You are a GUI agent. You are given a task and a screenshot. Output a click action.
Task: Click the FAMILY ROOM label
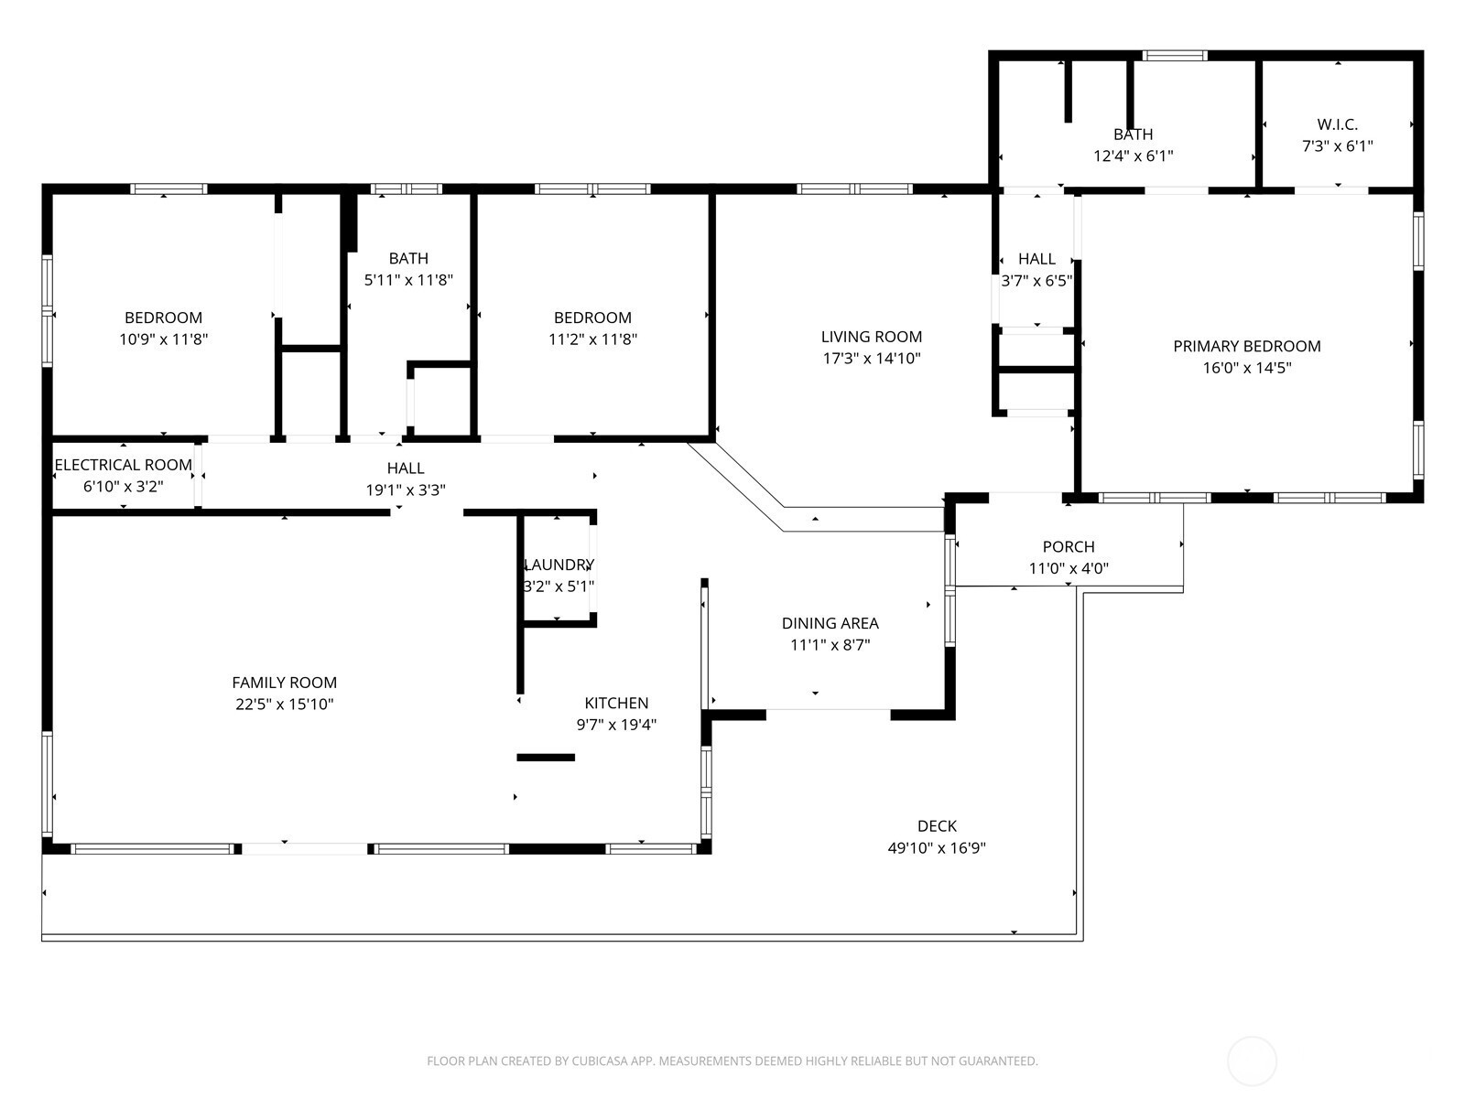coord(285,683)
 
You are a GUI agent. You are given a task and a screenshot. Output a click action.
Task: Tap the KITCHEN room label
coord(616,703)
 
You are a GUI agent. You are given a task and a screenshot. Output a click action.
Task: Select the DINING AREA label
coord(830,623)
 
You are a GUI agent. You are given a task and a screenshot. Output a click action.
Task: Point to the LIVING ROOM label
coord(872,337)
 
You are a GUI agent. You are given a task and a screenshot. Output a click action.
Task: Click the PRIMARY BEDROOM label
coord(1247,346)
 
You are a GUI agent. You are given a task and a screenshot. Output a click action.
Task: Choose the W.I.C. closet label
coord(1338,124)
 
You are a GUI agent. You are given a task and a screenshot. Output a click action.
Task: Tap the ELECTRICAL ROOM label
coord(123,465)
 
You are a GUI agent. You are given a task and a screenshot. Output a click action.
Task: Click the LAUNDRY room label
coord(559,565)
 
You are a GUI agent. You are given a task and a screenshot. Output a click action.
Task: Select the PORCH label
coord(1069,546)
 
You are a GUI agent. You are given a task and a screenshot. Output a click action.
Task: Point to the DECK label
coord(937,826)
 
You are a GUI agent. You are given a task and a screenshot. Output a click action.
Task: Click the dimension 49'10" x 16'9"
coord(937,848)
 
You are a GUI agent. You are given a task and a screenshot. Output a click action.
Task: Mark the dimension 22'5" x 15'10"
coord(285,704)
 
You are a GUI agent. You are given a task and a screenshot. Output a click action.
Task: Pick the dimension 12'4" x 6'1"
coord(1134,156)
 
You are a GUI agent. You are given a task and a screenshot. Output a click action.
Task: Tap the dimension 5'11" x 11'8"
coord(408,280)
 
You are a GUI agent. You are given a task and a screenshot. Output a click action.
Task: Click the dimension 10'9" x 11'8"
coord(164,339)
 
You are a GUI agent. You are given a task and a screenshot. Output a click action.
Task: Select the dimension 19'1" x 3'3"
coord(406,490)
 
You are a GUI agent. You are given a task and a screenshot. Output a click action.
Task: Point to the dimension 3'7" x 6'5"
coord(1036,281)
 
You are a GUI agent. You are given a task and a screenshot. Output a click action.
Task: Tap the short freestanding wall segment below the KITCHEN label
coord(546,758)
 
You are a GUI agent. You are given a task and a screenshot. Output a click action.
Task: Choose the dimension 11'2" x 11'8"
coord(592,339)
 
